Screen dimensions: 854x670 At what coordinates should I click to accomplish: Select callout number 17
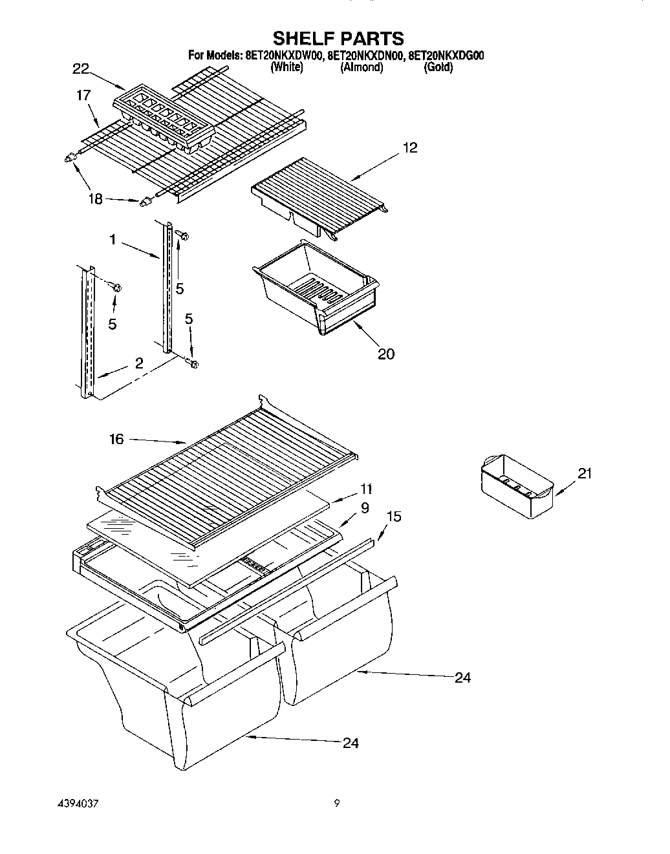click(x=83, y=95)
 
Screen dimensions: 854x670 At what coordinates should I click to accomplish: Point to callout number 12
click(x=409, y=148)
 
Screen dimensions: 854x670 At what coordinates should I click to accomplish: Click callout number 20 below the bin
click(x=385, y=354)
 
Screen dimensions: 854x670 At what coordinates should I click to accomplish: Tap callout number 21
click(x=584, y=474)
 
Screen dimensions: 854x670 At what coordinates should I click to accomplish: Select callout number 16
click(x=116, y=439)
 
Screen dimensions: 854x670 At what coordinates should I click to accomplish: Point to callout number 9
click(x=365, y=508)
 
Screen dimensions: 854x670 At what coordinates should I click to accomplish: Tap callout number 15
click(x=393, y=517)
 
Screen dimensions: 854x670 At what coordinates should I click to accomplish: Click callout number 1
click(x=113, y=240)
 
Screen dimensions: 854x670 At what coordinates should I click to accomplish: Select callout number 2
click(x=139, y=363)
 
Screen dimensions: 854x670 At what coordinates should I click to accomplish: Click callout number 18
click(x=95, y=199)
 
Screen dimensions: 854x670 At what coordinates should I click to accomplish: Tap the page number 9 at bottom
click(x=336, y=804)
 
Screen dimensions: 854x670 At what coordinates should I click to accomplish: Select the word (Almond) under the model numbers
click(x=362, y=67)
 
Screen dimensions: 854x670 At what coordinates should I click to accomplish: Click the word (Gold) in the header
click(x=438, y=67)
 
